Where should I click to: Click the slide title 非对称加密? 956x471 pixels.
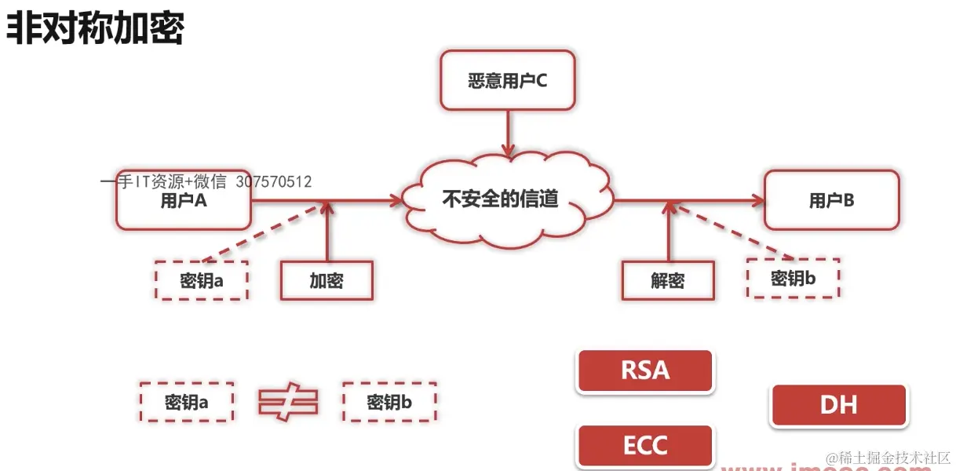(95, 30)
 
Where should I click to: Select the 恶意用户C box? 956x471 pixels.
(507, 80)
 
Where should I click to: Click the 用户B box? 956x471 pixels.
(831, 200)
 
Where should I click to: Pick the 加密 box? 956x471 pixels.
(327, 280)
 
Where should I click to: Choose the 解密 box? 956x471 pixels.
(668, 280)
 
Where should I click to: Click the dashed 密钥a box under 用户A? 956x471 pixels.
(202, 280)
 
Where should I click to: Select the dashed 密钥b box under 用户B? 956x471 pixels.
(793, 278)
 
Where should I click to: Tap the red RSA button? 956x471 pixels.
(645, 370)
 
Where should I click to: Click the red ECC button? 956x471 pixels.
(645, 446)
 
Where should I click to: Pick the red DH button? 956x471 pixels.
(838, 405)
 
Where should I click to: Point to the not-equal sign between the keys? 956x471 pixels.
(288, 402)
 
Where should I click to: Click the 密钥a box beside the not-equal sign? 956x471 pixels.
(187, 403)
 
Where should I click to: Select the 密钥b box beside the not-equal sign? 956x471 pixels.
(389, 403)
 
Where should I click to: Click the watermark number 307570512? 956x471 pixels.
(273, 182)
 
